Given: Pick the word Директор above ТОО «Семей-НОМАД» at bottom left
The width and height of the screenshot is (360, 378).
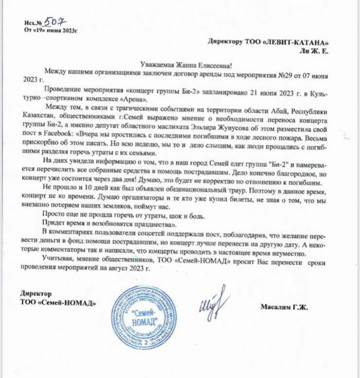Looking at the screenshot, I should coord(36,294).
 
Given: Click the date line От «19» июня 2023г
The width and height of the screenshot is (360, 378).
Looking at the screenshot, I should coord(51,30).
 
